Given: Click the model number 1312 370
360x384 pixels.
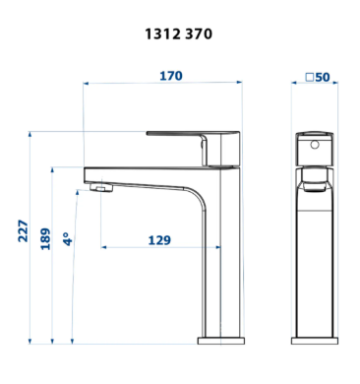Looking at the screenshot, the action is tap(179, 33).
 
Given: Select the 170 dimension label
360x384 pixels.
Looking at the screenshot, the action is tap(171, 76).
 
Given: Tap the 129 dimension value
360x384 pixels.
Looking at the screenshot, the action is tap(159, 240).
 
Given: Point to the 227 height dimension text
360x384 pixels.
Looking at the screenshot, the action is tap(23, 230).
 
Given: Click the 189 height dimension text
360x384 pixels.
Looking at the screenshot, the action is tap(45, 238).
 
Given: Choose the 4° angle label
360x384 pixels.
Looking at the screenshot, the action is tap(68, 239).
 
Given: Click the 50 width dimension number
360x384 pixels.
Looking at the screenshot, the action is tap(323, 77).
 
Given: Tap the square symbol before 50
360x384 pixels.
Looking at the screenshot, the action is tap(310, 78).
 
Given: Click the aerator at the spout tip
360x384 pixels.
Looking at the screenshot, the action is tap(100, 188).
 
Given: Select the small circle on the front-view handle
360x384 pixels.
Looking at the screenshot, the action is tap(315, 144).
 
